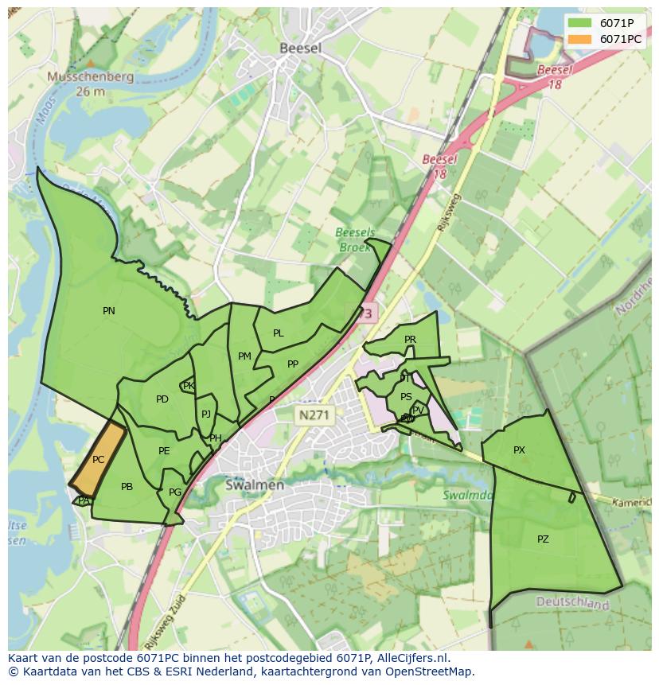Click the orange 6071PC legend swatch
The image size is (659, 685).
pos(581,39)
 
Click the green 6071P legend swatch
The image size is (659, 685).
pos(581,23)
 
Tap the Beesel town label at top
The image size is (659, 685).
pos(301,48)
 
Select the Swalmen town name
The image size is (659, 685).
pos(255,485)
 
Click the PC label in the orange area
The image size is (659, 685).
pos(98,460)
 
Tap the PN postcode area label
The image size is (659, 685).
pos(109,311)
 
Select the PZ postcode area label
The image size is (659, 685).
pos(543,539)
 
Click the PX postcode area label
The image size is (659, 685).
pos(519,450)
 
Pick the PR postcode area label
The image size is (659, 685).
pos(410,340)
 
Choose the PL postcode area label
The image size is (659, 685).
pos(278,333)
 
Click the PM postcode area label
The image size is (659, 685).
pos(244,356)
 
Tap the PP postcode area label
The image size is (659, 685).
pos(293,364)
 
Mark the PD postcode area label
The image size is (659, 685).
pos(162,399)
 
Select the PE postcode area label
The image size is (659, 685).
pos(164,451)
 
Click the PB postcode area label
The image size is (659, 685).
pos(127,487)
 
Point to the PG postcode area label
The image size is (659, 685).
pos(175,492)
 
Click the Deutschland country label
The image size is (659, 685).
pos(572,604)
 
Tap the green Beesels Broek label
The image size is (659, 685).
pos(355,239)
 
